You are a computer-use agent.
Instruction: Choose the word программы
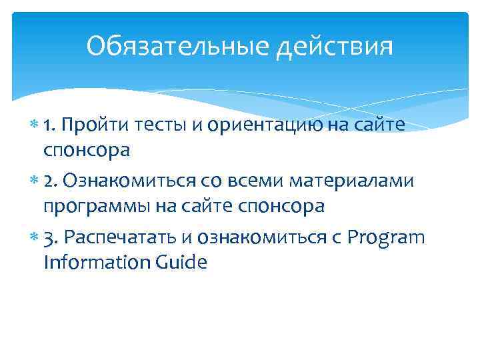tap(97, 207)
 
